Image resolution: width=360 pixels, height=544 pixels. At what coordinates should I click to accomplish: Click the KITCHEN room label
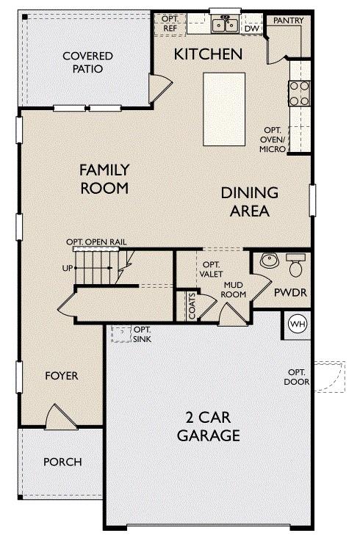pos(207,54)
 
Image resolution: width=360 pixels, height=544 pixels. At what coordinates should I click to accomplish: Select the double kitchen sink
pos(225,26)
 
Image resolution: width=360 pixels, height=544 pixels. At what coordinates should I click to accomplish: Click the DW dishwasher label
pos(251,29)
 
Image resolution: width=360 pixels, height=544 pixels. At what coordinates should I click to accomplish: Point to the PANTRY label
pos(284,21)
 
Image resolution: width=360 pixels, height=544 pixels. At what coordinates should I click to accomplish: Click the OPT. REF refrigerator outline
pos(170,24)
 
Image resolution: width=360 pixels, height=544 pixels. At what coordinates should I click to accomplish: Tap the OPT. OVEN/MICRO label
pos(276,139)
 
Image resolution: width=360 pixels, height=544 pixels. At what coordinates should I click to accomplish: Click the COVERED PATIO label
pos(87,62)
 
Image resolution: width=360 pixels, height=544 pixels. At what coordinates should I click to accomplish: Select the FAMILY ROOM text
pos(104,178)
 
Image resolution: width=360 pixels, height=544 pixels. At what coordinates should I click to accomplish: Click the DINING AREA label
pos(250,202)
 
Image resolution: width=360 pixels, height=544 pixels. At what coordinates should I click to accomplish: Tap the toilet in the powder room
pos(296,265)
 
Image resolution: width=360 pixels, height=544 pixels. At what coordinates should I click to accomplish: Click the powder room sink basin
pos(268,261)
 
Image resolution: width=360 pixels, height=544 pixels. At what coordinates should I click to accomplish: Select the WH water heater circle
pos(297,324)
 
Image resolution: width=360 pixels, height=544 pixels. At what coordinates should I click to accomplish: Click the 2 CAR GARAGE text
pos(209,427)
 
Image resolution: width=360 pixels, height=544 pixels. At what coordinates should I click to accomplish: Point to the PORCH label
pos(62,462)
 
